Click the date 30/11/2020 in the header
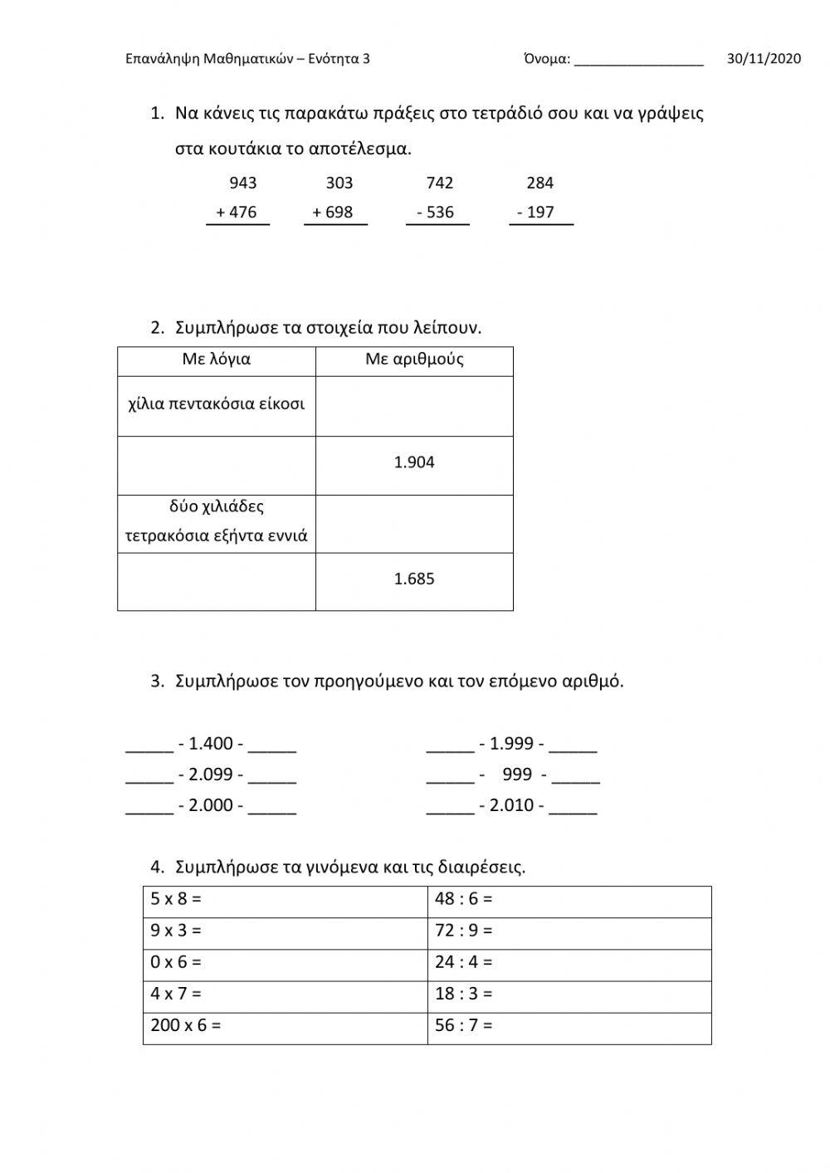(x=764, y=58)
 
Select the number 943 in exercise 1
(x=242, y=183)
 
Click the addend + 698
(x=333, y=212)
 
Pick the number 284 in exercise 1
(x=539, y=183)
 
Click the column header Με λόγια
(x=216, y=359)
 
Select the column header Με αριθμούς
(x=414, y=359)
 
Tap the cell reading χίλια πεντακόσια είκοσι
(x=216, y=404)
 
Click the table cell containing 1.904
(x=414, y=462)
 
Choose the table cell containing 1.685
(x=414, y=579)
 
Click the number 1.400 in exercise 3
(x=211, y=744)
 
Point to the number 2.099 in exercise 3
(x=211, y=775)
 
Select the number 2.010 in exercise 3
(x=512, y=805)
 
